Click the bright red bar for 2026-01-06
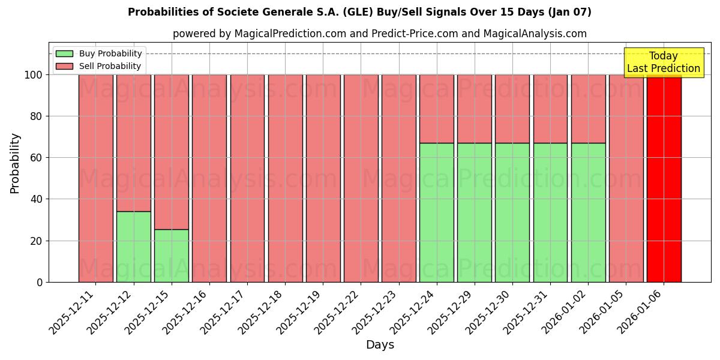[x=664, y=178]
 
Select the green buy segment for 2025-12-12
[x=133, y=247]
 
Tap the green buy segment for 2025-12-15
[x=171, y=256]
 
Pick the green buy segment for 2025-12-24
[x=436, y=212]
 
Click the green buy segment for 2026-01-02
[x=588, y=212]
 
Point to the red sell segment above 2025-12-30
[x=512, y=109]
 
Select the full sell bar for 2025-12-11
[x=95, y=178]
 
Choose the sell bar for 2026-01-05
[x=626, y=178]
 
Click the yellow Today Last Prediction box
[x=663, y=62]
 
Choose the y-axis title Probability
[x=15, y=163]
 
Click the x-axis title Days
[x=380, y=345]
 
